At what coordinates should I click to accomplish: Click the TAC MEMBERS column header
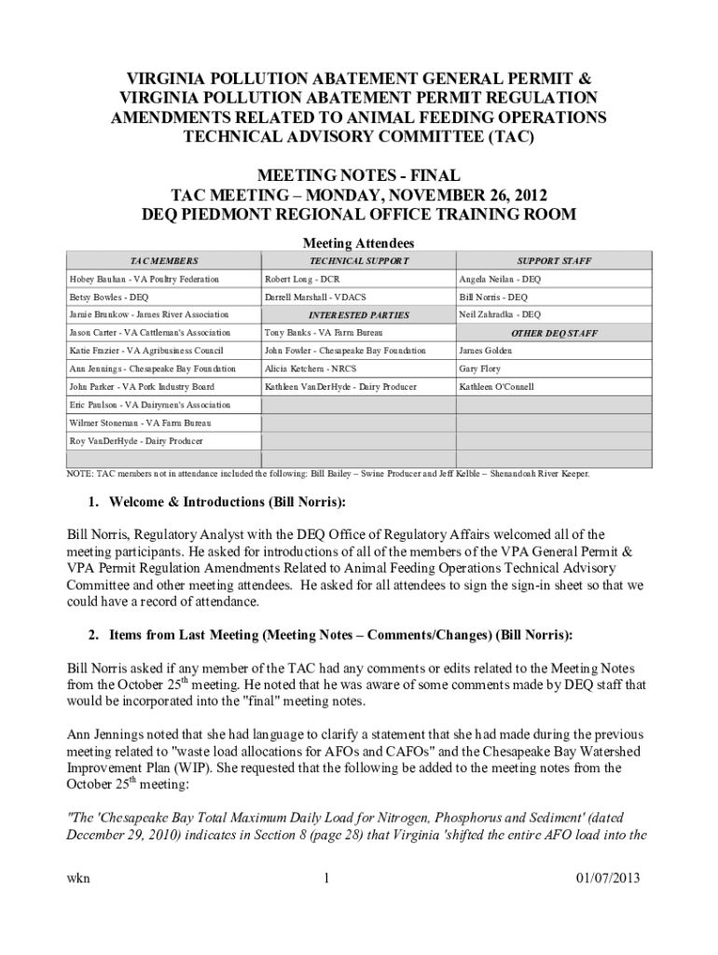point(164,261)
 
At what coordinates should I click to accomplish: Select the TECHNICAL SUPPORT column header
point(359,261)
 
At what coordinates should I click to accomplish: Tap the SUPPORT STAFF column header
point(554,261)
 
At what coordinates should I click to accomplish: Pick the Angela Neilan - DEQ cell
point(499,279)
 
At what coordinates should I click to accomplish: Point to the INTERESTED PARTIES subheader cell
point(359,315)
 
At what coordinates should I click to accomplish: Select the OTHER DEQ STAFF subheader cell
point(554,333)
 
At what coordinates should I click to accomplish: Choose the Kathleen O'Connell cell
point(496,386)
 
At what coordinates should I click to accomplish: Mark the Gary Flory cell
point(479,368)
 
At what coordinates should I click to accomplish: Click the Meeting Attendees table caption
point(359,243)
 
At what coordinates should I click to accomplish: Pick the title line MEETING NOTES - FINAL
point(359,175)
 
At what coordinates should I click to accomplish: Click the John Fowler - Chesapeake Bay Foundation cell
point(345,351)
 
